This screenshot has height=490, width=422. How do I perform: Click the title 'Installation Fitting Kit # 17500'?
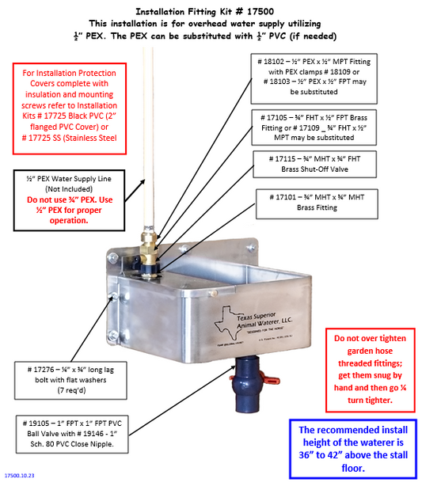210,12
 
